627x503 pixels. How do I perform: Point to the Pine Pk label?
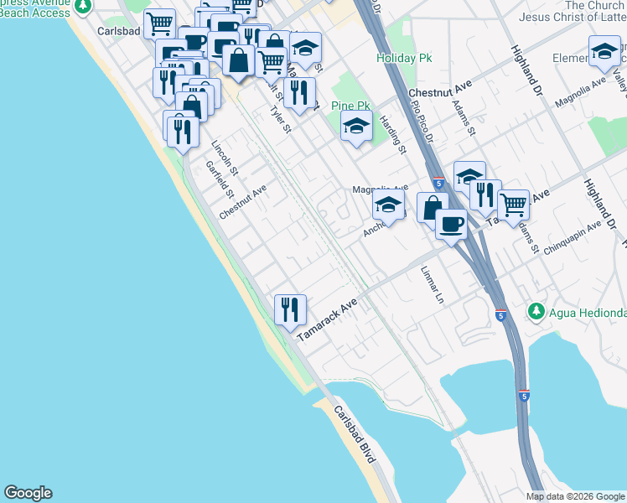(x=350, y=106)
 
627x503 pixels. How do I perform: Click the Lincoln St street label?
(x=225, y=157)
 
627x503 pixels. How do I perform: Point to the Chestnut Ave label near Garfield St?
(x=242, y=202)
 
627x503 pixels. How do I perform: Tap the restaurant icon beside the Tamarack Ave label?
(x=290, y=309)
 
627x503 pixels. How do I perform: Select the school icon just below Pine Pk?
(x=356, y=127)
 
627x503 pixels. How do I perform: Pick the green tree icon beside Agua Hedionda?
(x=536, y=312)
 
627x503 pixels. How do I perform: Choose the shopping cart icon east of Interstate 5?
(x=513, y=203)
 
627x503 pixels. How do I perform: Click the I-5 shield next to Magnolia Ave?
(x=439, y=182)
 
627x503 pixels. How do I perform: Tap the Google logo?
(x=28, y=493)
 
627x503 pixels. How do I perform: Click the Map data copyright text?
(x=575, y=496)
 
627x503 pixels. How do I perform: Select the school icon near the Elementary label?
(x=604, y=52)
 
